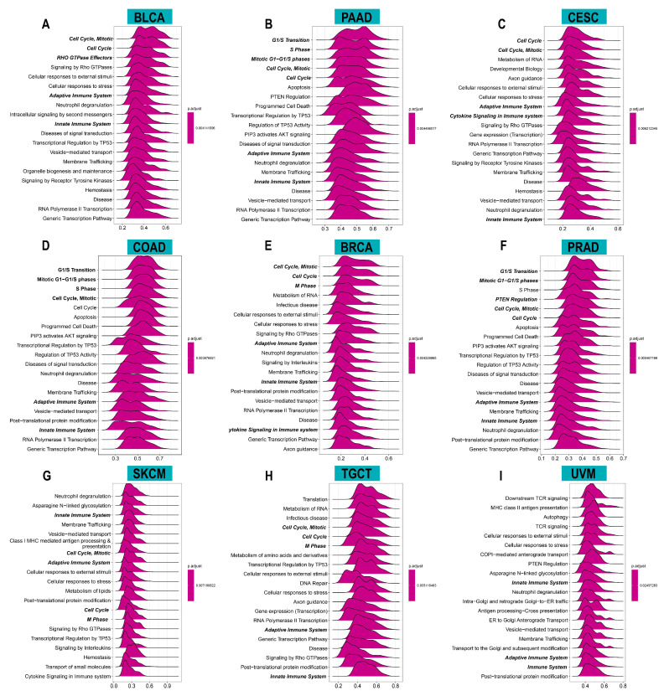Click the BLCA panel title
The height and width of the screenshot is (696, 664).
click(151, 16)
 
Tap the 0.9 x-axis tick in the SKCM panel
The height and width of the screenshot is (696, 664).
click(167, 684)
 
